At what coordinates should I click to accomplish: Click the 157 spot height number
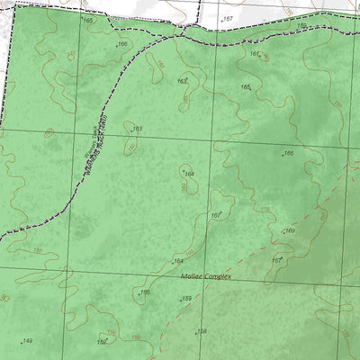point(228,18)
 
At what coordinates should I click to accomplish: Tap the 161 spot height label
point(255,54)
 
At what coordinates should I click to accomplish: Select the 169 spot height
point(290,230)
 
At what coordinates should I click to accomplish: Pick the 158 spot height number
point(202,330)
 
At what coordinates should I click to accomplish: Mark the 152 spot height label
point(103,342)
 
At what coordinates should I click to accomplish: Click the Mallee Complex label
point(205,276)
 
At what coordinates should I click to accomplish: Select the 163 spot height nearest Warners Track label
point(137,129)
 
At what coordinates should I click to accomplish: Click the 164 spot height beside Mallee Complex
point(178,261)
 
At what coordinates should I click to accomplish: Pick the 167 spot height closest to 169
point(277,260)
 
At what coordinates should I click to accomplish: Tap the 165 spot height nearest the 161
point(245,87)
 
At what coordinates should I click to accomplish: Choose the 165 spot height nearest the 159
point(144,292)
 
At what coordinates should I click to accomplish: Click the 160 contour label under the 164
point(184,186)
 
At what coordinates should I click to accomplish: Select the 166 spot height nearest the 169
point(288,154)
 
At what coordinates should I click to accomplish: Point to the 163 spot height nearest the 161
point(182,81)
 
